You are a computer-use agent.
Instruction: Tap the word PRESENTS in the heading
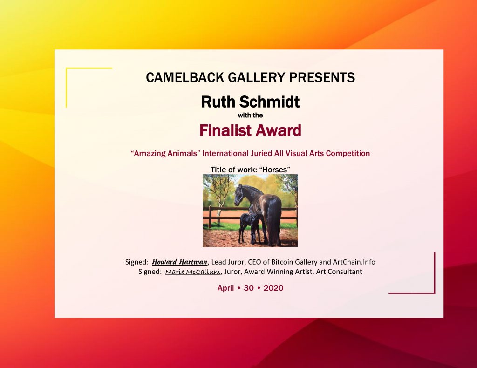click(322, 77)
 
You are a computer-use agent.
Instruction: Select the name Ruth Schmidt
click(250, 102)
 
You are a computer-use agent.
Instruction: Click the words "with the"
click(250, 115)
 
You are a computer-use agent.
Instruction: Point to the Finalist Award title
click(250, 130)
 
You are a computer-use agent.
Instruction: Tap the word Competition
click(348, 153)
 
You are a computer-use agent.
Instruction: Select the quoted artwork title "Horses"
click(274, 170)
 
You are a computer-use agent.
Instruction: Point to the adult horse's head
click(239, 195)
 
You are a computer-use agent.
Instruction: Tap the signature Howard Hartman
click(179, 262)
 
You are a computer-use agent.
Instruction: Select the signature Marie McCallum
click(193, 272)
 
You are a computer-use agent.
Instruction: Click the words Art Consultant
click(339, 272)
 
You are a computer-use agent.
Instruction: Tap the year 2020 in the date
click(273, 288)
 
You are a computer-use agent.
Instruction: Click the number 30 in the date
click(249, 288)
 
